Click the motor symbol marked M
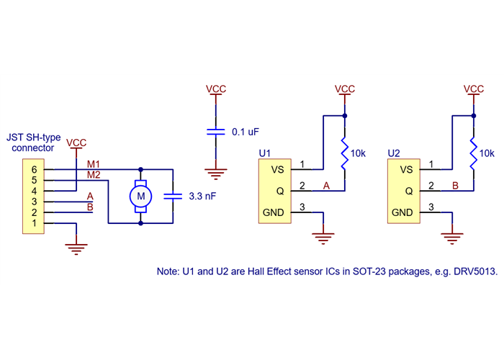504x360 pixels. click(x=141, y=195)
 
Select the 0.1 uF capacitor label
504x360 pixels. click(x=246, y=132)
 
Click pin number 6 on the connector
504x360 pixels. click(x=33, y=169)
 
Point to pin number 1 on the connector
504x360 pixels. click(x=33, y=223)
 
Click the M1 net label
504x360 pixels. click(x=94, y=165)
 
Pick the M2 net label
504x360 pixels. click(x=94, y=175)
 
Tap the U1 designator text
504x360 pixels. click(x=264, y=153)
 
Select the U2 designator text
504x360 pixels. click(x=393, y=153)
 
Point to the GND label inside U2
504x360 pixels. click(x=402, y=212)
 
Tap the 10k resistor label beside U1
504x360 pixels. click(x=359, y=153)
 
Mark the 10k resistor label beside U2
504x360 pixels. click(x=487, y=153)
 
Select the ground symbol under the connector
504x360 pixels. click(x=76, y=248)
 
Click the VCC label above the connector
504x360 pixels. click(x=76, y=143)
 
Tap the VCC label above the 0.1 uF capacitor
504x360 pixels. click(x=216, y=89)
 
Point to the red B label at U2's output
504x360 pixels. click(x=455, y=186)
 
